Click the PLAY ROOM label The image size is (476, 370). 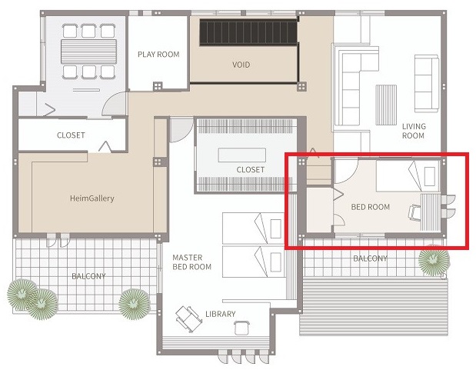[x=158, y=55]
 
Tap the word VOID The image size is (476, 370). [x=241, y=65]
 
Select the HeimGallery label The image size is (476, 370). [x=92, y=198]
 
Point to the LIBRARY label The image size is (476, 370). [x=221, y=314]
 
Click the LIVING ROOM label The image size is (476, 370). [x=414, y=131]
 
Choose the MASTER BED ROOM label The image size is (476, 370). [x=191, y=262]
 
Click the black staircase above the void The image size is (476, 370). [x=248, y=32]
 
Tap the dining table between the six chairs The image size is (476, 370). [x=88, y=52]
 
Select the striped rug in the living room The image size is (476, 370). [x=386, y=105]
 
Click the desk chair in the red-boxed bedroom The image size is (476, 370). [x=414, y=212]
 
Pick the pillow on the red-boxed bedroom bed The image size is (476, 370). [x=430, y=176]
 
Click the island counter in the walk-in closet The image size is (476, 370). [x=242, y=155]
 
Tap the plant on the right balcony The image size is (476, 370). [x=434, y=260]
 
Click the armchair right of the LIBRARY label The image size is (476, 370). [x=242, y=328]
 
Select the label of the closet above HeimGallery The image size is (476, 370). [x=71, y=135]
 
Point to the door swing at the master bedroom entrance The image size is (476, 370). [x=180, y=130]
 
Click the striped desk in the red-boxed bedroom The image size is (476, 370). [x=430, y=212]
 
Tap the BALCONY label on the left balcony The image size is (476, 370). [x=88, y=276]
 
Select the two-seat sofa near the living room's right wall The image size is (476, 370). [x=427, y=83]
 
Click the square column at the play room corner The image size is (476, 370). [x=157, y=86]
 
